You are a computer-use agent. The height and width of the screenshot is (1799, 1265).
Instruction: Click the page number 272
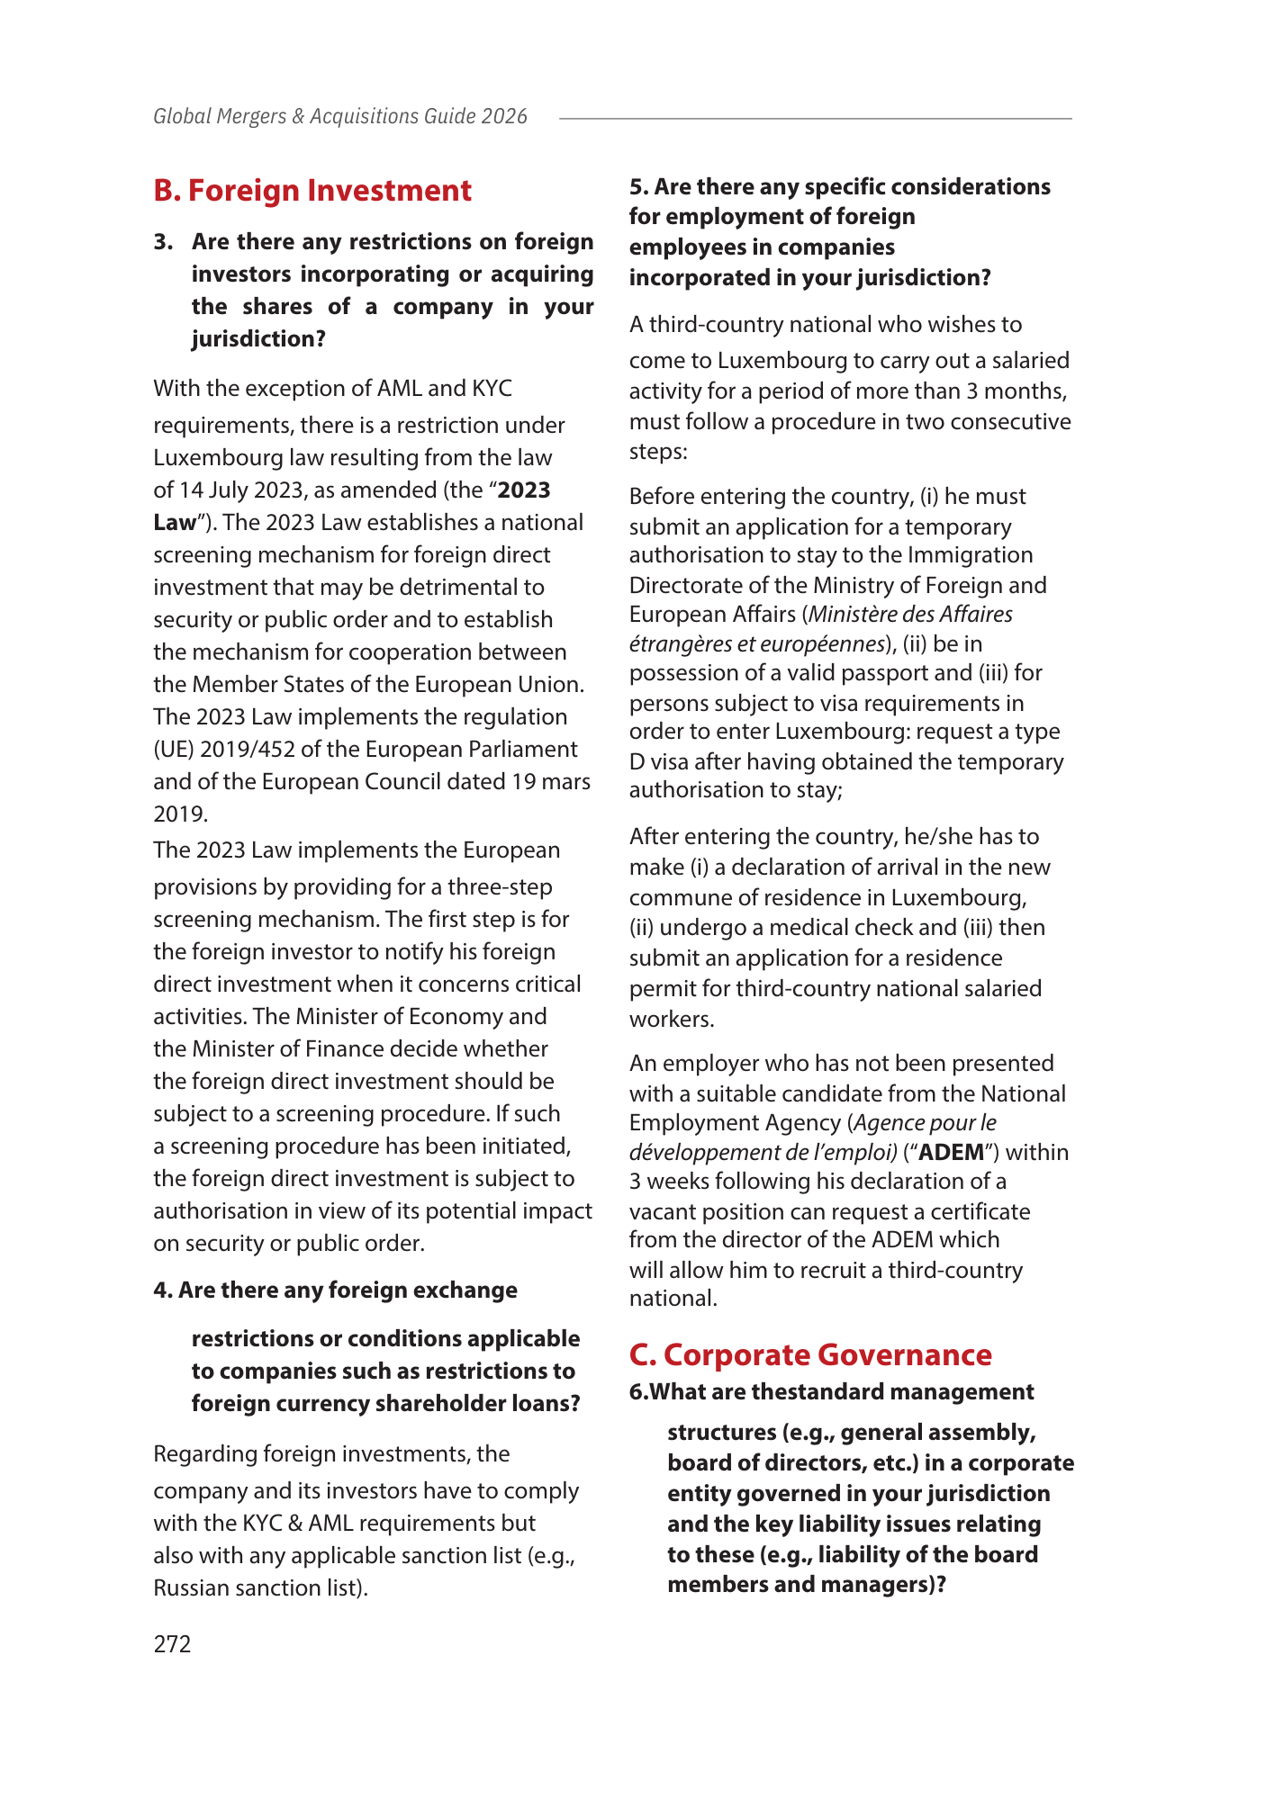click(x=172, y=1644)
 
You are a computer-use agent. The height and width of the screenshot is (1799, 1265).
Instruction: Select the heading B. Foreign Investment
click(x=312, y=191)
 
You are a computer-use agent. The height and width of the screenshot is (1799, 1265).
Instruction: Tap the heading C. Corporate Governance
click(x=810, y=1354)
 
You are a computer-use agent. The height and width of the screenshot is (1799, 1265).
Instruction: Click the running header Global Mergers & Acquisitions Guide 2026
click(x=340, y=116)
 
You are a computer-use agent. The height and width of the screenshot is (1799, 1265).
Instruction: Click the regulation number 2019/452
click(x=239, y=749)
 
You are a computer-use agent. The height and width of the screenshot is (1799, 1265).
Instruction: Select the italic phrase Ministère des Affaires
click(x=911, y=614)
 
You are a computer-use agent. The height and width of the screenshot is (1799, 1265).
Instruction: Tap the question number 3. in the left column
click(x=163, y=241)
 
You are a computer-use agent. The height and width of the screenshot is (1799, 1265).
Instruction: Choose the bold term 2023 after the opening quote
click(x=524, y=490)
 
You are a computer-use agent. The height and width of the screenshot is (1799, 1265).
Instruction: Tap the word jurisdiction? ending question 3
click(x=258, y=338)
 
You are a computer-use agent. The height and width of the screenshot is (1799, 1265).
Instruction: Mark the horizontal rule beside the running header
click(x=815, y=118)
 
